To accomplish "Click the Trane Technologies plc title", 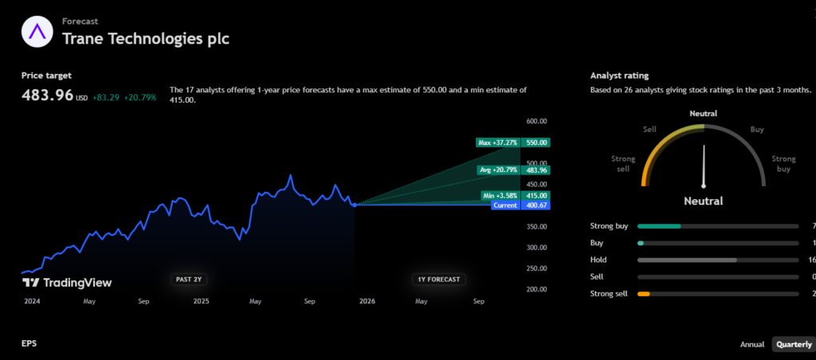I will (x=146, y=37).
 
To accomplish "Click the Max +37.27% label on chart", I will (x=498, y=143).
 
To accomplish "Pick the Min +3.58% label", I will (x=499, y=195).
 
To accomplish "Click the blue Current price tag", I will (x=505, y=205).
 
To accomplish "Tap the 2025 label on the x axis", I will (x=201, y=302).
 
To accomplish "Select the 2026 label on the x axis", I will (x=367, y=302).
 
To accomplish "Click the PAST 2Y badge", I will (x=189, y=279).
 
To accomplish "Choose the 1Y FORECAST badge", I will (x=438, y=279).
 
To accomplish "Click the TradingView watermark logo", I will (x=67, y=282).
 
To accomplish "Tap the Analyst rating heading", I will (x=619, y=76).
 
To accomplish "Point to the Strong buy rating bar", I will (x=717, y=226).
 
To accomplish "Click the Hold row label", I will (x=598, y=260).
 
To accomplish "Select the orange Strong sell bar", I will (x=644, y=294).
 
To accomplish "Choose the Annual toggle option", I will (x=752, y=345).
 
